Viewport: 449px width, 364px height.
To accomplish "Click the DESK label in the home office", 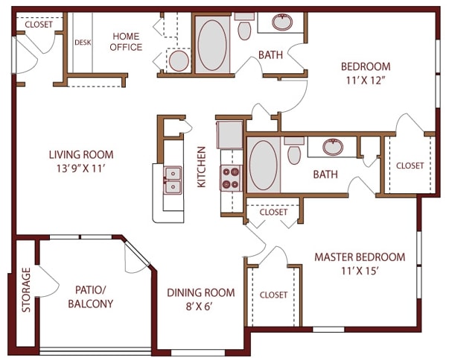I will coord(82,43).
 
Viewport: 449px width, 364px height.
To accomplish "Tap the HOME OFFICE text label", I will coord(127,41).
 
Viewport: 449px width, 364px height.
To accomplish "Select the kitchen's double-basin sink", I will coord(173,180).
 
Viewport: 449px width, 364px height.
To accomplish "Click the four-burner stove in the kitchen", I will coord(231,177).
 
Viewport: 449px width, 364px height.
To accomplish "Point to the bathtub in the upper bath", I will coord(213,45).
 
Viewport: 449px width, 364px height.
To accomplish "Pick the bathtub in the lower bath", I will coord(264,165).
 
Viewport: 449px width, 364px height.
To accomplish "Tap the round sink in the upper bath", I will coord(282,22).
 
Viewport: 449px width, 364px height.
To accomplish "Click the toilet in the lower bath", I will coord(294,152).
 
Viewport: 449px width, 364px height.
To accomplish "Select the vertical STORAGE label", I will coord(27,290).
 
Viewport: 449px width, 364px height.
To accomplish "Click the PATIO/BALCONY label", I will coord(90,297).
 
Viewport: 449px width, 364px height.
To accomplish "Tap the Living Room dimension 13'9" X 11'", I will coord(81,169).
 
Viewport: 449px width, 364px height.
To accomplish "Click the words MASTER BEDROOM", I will coord(360,257).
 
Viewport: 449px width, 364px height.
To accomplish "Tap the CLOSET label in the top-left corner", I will coord(39,25).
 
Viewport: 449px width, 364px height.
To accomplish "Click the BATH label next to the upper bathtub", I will coord(269,54).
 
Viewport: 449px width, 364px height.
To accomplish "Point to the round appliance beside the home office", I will coord(179,59).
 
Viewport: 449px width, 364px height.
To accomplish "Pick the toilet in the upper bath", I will coord(244,29).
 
